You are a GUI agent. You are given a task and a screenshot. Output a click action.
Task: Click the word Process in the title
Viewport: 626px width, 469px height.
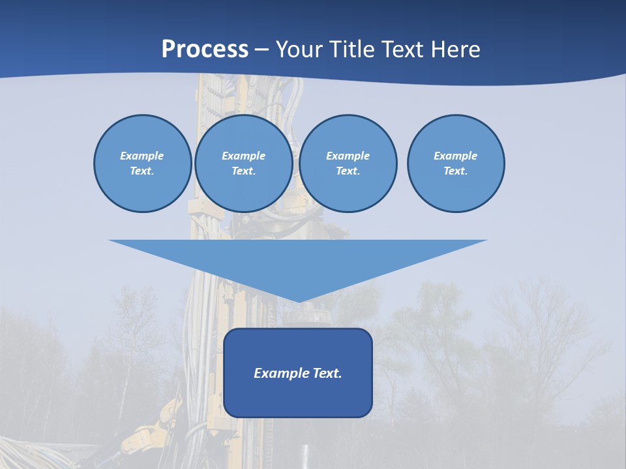(x=205, y=50)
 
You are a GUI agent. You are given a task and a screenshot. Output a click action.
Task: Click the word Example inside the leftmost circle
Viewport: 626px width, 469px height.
(x=142, y=156)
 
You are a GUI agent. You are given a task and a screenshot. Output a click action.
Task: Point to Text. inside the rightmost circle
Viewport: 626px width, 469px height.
(x=455, y=171)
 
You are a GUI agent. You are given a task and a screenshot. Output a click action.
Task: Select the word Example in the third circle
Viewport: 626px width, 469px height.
(x=348, y=156)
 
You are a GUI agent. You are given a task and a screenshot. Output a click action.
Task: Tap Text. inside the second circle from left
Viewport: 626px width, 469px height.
(x=243, y=171)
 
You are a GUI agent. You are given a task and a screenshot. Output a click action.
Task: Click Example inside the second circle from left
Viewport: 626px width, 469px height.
(x=243, y=156)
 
